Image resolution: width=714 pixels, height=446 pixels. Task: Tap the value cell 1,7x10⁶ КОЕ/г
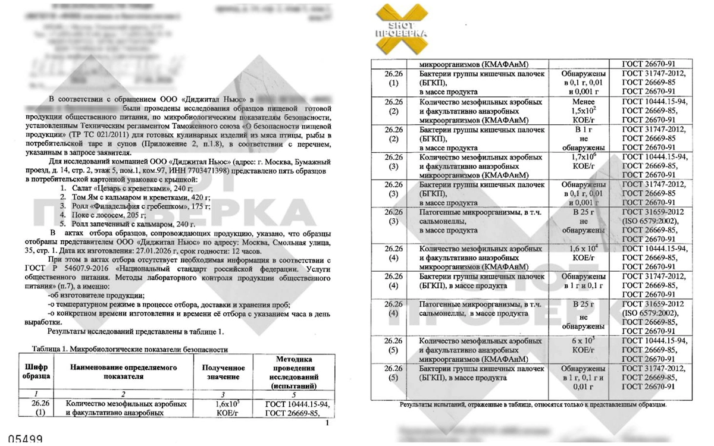[585, 162]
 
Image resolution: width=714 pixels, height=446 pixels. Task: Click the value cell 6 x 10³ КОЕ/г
[585, 346]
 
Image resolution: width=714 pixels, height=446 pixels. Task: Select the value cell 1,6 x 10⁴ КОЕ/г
[585, 253]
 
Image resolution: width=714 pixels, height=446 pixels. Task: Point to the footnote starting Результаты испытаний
[533, 404]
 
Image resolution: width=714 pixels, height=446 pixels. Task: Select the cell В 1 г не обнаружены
[585, 138]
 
